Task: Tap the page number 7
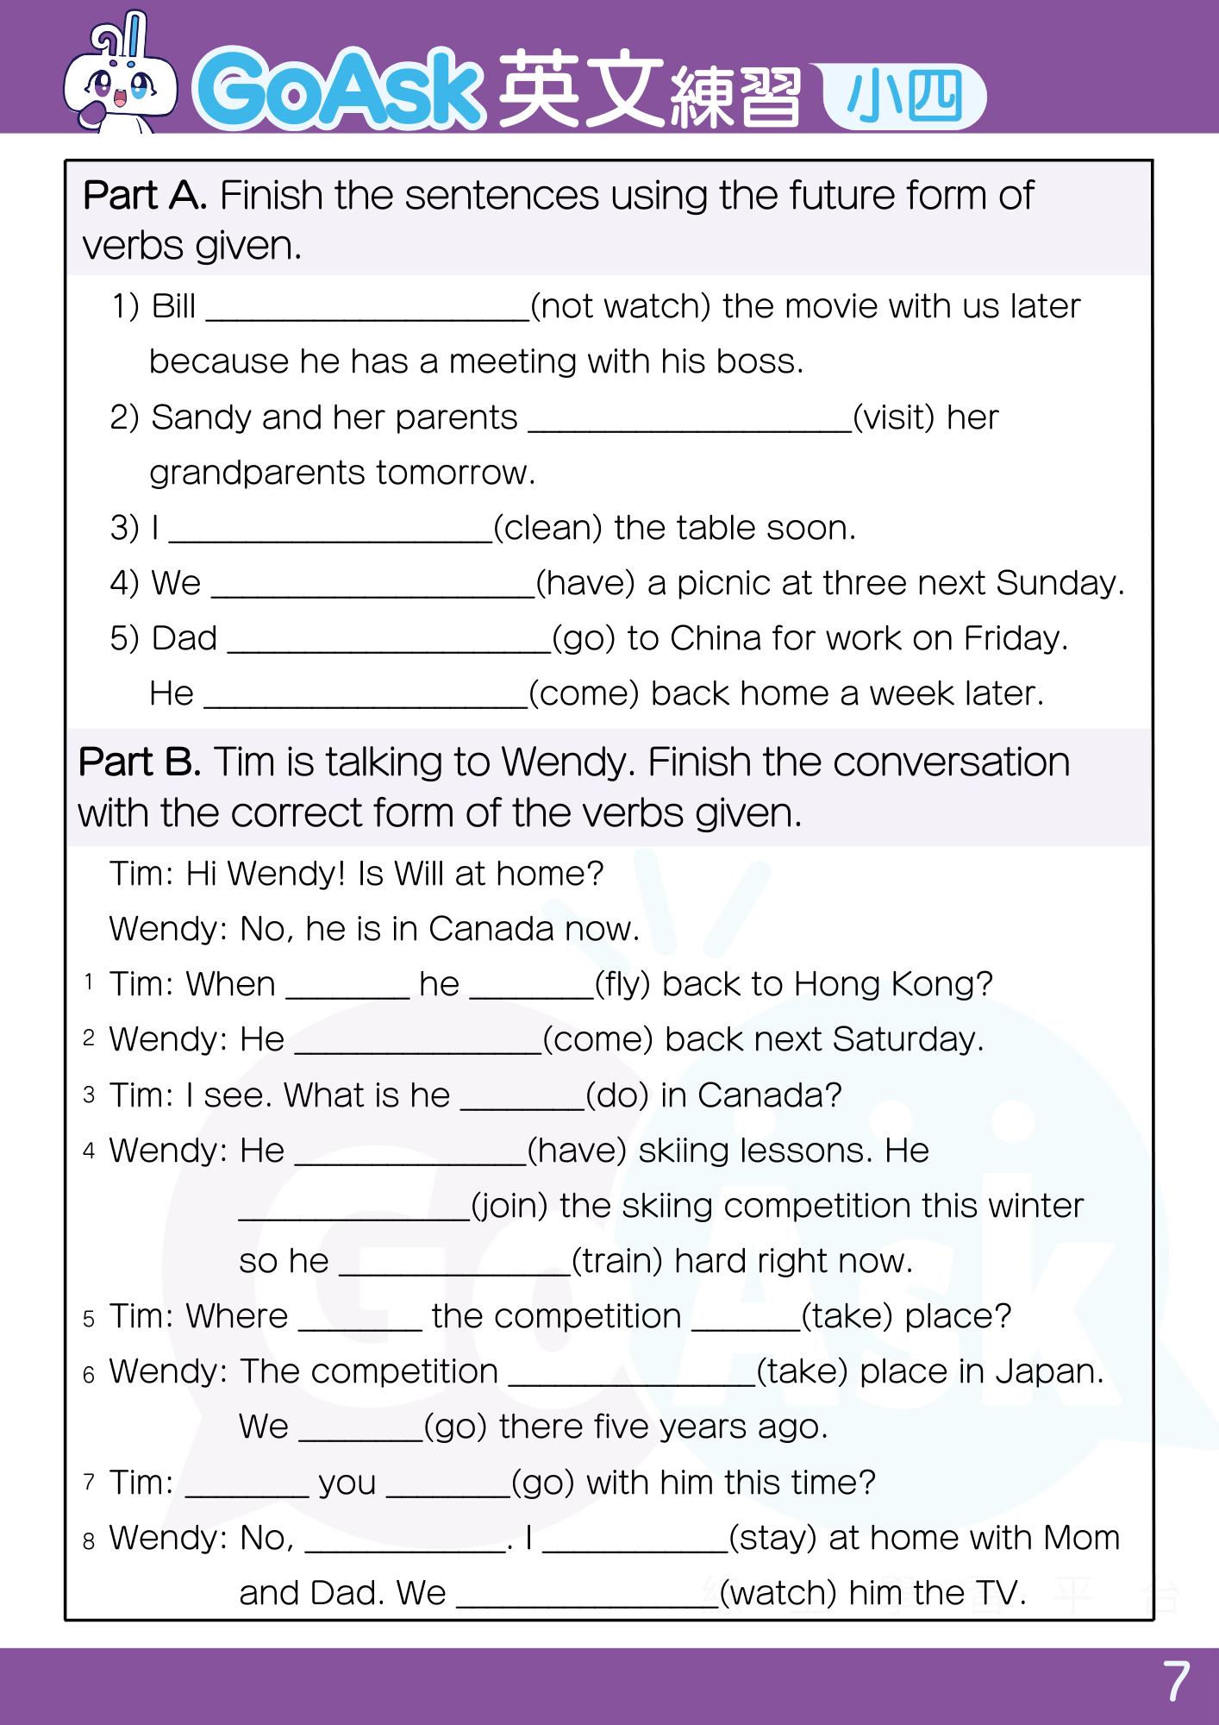[1177, 1683]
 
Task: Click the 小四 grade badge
[904, 97]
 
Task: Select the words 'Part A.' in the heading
[145, 197]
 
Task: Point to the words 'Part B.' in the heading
[140, 763]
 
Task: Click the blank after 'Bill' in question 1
[367, 310]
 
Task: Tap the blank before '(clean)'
[330, 531]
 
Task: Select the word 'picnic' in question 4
[723, 584]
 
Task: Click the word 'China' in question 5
[716, 639]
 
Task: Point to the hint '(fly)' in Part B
[622, 985]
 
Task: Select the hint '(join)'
[509, 1207]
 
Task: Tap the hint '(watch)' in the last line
[778, 1594]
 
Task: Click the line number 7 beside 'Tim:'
[89, 1483]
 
